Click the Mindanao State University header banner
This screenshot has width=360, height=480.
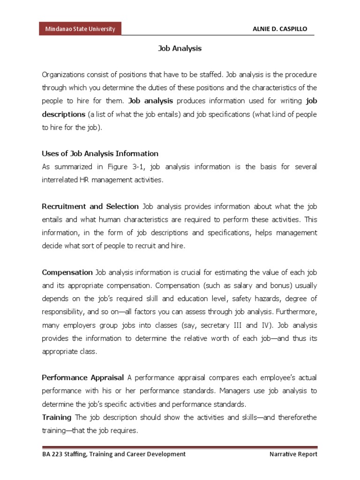click(x=80, y=29)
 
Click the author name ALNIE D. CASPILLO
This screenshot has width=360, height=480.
click(x=280, y=29)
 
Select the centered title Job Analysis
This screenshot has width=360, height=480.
click(x=180, y=48)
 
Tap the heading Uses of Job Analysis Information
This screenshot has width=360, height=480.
click(x=100, y=153)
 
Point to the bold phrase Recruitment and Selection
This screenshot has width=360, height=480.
click(x=90, y=206)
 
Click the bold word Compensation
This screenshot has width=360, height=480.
click(x=67, y=272)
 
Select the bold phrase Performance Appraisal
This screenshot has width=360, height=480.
click(x=83, y=377)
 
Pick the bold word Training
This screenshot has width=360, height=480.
click(x=57, y=417)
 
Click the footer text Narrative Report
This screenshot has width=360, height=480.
click(x=293, y=454)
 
